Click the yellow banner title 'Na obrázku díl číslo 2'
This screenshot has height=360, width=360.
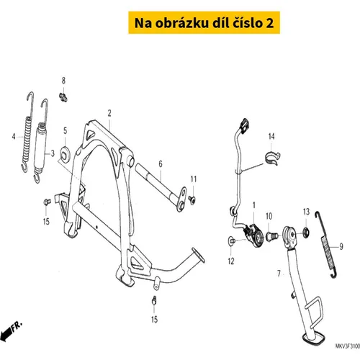point(204,23)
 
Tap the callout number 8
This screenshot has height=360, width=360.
point(63,81)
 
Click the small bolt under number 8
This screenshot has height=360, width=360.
point(63,97)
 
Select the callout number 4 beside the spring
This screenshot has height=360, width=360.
point(14,137)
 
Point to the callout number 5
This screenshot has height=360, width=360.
point(66,131)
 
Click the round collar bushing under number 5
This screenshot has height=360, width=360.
point(66,153)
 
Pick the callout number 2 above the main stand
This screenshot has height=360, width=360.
point(109,113)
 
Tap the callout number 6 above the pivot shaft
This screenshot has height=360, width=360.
point(161,164)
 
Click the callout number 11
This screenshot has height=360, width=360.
point(194,179)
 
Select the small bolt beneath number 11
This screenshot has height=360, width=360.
point(192,199)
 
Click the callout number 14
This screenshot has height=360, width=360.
point(271,136)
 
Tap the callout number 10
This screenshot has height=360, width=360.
point(269,216)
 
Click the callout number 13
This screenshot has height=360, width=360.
point(306,212)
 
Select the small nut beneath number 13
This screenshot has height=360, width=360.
point(306,232)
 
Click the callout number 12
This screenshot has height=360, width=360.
point(231,261)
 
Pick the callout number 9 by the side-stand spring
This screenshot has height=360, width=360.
point(341,246)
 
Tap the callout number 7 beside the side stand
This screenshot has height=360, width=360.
point(279,274)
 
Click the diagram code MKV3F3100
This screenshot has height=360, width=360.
point(347,346)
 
